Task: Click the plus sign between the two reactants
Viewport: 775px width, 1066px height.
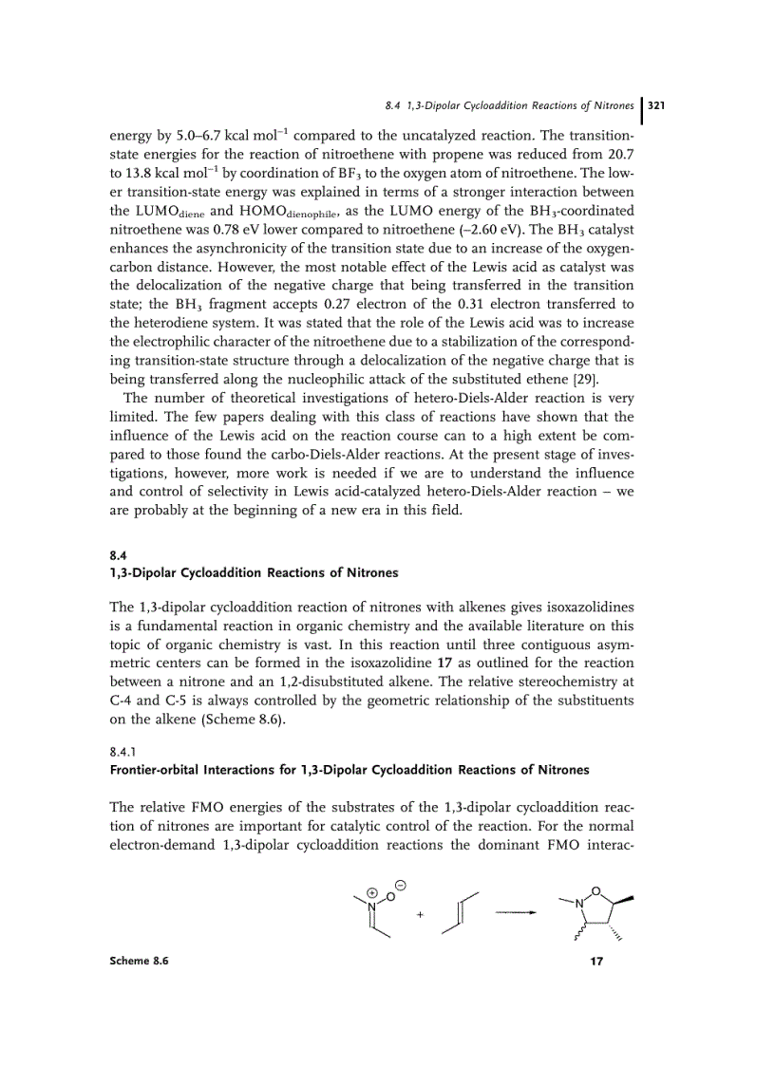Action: (x=419, y=914)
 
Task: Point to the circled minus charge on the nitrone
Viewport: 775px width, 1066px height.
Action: (x=401, y=884)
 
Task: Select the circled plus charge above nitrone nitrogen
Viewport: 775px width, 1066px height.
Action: (x=371, y=893)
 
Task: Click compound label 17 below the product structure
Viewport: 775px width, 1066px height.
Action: (x=596, y=962)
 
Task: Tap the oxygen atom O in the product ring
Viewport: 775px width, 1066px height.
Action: (x=595, y=890)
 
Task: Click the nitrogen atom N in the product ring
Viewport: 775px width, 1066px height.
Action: (x=577, y=903)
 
